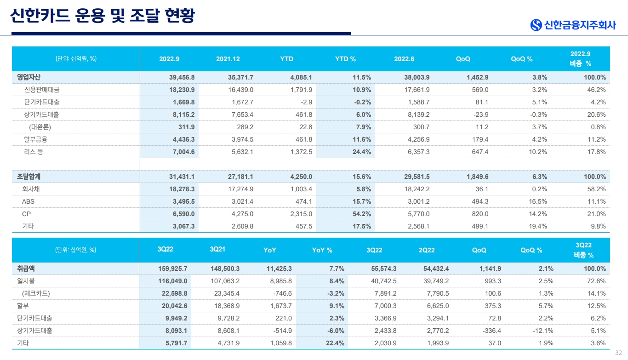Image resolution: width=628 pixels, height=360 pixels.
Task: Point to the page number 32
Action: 618,353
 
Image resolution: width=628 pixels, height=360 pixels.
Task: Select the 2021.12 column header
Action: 228,59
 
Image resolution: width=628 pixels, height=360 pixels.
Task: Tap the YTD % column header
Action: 345,59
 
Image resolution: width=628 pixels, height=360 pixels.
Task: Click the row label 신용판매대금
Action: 42,90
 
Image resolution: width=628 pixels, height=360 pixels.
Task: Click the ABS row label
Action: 28,202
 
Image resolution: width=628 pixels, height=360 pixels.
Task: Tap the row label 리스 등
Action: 34,152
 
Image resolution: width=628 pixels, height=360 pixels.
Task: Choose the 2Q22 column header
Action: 427,251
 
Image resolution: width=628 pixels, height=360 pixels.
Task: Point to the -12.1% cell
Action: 543,331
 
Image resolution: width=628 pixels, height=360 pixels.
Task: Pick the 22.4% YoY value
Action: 335,343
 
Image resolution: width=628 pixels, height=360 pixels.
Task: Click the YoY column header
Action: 270,251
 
